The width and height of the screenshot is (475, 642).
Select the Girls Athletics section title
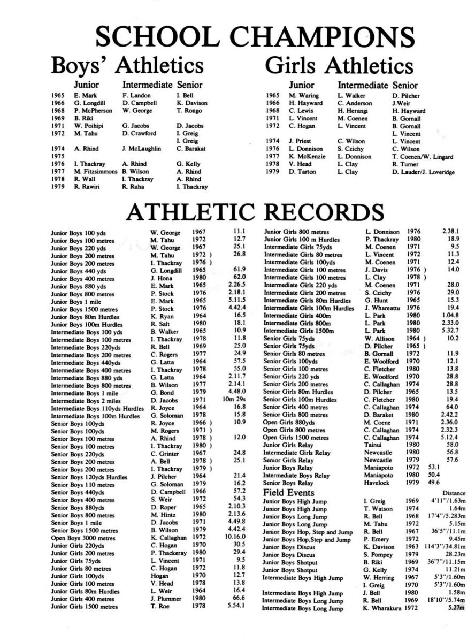pos(339,66)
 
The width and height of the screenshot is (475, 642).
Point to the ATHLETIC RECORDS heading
pos(237,211)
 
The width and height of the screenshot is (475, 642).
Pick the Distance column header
pos(454,493)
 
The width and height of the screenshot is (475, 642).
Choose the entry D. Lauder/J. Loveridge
pos(424,171)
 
